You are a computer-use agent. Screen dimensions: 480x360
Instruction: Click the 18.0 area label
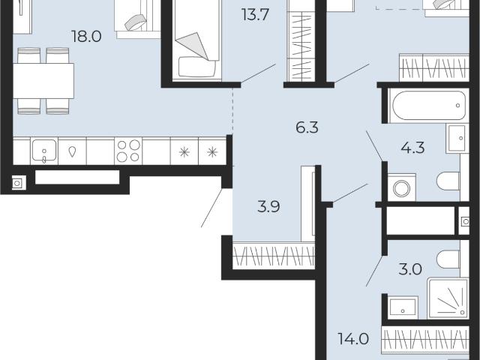point(86,37)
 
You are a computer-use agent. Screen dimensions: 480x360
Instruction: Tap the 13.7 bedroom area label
point(255,15)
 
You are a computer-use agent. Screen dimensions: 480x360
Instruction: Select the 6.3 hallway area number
point(307,127)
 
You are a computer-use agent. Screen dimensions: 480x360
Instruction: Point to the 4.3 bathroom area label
point(412,148)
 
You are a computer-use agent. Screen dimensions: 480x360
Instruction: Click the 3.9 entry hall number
point(268,207)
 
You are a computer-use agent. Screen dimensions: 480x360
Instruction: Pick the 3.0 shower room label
point(410,270)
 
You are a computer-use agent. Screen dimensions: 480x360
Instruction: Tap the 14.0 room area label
point(353,339)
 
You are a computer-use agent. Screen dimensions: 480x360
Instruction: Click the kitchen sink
point(44,151)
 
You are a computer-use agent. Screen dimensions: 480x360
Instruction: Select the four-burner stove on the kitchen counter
point(128,151)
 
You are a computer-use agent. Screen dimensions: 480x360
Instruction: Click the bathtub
point(428,106)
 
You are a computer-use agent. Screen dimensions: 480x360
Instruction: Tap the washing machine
point(402,187)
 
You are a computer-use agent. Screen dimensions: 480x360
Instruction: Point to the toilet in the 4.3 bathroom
point(448,181)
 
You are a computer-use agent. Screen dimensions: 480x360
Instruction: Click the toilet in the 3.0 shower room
point(448,259)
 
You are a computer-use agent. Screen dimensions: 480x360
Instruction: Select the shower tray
point(448,298)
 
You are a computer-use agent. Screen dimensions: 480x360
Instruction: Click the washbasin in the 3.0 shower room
point(403,308)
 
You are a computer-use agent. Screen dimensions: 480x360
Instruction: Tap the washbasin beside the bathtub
point(457,138)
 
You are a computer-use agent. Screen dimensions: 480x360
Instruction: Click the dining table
point(43,81)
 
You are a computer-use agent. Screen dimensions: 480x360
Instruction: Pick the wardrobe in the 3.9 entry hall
point(274,256)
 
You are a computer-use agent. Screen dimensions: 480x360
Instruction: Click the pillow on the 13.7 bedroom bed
point(197,67)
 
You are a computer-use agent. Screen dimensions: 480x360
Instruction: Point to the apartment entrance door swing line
point(212,208)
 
